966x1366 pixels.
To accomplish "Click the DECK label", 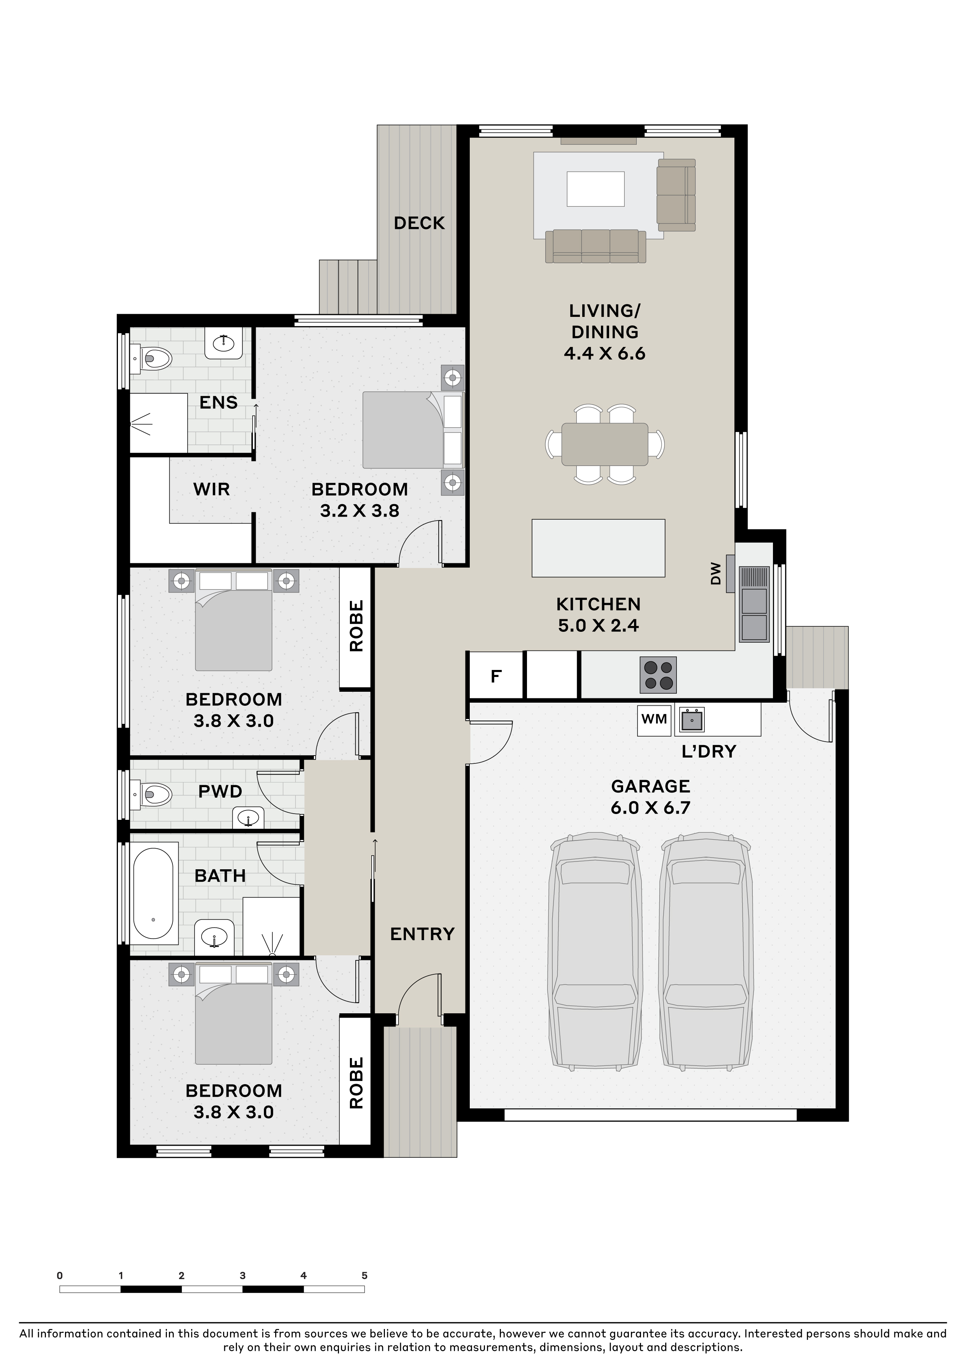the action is click(419, 223).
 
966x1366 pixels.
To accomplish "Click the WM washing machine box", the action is click(654, 720).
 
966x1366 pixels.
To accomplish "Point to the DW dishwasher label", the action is click(716, 573).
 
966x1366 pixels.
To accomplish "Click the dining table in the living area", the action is click(605, 444).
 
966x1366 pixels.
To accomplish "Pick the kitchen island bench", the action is click(598, 548).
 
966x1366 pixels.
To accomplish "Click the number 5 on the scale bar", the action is click(365, 1276).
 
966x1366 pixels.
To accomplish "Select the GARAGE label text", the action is click(651, 786).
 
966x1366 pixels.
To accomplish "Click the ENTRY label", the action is click(422, 934).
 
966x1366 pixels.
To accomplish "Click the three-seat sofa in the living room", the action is click(596, 246).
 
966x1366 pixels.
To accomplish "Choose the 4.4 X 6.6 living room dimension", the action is click(605, 353).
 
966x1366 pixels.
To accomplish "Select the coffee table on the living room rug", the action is click(595, 188).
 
